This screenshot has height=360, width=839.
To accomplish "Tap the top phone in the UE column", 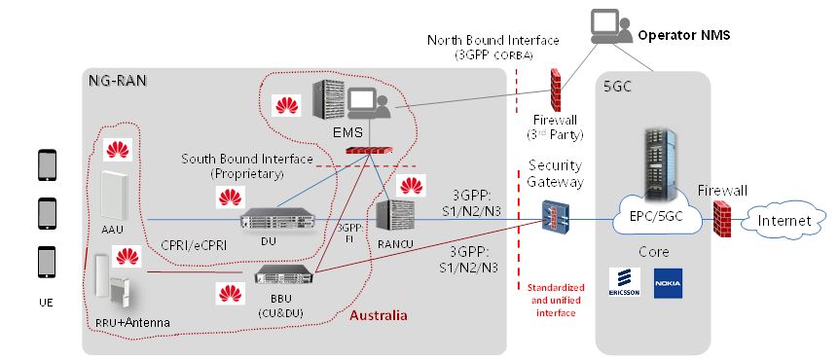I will click(x=45, y=165).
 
